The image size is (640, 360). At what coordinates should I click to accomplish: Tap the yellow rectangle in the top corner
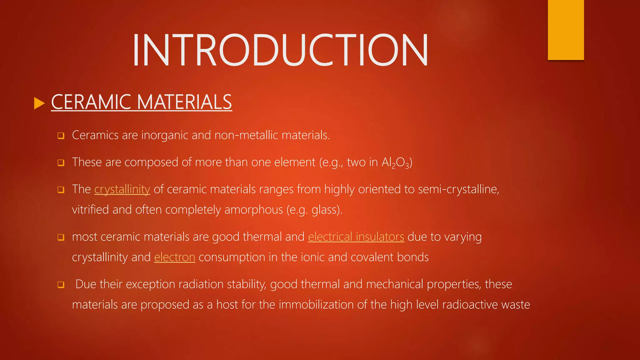566,30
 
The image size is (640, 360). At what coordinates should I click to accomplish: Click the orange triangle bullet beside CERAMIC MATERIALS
39,103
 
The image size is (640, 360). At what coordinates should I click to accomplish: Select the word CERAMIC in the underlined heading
91,102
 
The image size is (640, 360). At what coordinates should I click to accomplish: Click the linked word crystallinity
122,189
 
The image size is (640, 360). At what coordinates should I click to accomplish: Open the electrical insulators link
356,237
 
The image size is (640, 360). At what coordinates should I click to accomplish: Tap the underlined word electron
175,257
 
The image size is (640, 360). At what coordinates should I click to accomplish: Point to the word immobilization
316,305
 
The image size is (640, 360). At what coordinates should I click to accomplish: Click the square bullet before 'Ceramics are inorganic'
61,136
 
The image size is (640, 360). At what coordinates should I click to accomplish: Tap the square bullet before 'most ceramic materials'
61,237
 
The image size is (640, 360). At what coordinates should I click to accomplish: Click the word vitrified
91,210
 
